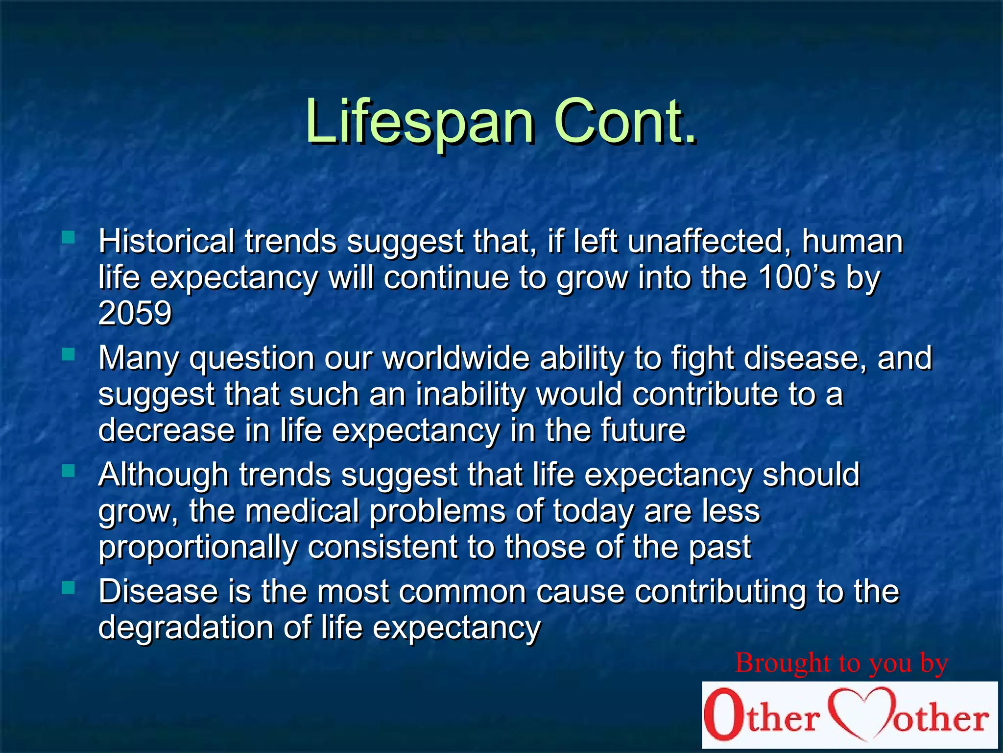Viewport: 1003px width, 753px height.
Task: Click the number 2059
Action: point(135,313)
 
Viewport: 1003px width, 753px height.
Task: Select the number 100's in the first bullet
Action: point(797,277)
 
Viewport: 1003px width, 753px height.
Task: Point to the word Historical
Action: point(167,241)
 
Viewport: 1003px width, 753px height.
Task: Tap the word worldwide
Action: point(456,358)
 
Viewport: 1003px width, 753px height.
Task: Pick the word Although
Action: point(164,475)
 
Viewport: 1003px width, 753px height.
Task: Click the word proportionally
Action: point(198,547)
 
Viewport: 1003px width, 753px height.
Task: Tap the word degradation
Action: point(186,627)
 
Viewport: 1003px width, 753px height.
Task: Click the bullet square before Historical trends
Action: point(69,238)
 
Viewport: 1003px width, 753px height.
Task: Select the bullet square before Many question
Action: point(69,354)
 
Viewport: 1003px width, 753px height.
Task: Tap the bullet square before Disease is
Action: point(69,587)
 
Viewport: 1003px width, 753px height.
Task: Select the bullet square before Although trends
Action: point(69,471)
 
